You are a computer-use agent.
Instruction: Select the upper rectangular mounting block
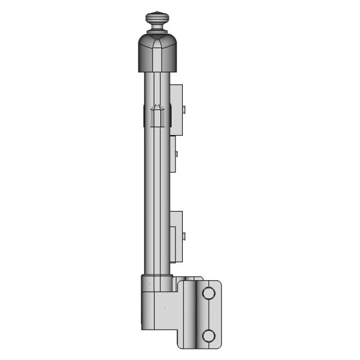point(176,110)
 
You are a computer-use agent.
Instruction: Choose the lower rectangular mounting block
point(176,236)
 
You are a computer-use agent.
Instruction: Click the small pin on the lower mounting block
point(184,236)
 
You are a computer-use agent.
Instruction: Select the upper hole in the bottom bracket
point(209,293)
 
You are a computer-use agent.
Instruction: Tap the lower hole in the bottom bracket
point(209,336)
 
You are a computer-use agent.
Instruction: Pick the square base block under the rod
point(155,307)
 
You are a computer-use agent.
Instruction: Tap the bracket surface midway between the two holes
point(209,314)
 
